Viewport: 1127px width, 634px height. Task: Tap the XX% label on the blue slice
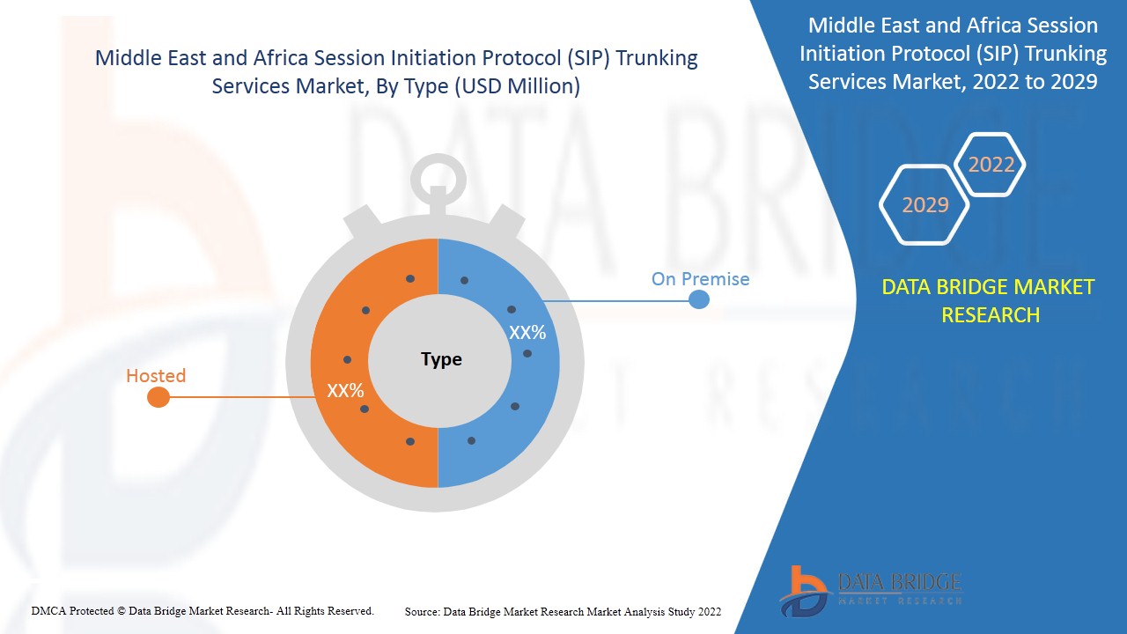coord(527,333)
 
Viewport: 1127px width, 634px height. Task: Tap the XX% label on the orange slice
coord(345,391)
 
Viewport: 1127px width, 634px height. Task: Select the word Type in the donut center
coord(441,359)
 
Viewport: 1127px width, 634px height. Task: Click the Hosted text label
coord(156,376)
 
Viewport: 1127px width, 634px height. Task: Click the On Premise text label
coord(700,279)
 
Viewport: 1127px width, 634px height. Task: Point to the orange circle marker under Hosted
coord(158,397)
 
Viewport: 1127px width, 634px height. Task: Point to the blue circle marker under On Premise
coord(698,299)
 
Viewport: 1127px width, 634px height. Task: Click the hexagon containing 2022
coord(991,165)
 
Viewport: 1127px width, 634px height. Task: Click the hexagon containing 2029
coord(924,205)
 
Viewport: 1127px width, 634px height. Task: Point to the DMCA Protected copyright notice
coord(203,610)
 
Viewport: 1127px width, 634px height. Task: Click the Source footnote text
coord(563,611)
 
